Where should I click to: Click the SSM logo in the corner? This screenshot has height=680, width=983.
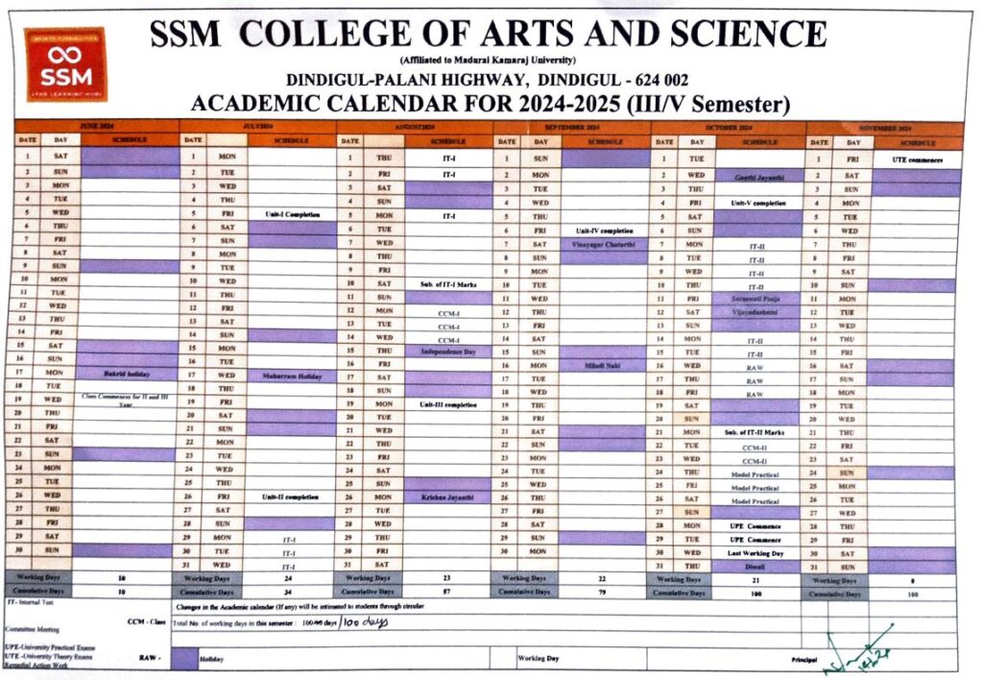[x=65, y=65]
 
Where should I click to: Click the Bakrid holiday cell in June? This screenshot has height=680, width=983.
[x=128, y=373]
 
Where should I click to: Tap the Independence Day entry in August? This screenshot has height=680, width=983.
[x=447, y=352]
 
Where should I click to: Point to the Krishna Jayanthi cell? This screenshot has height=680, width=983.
[x=447, y=498]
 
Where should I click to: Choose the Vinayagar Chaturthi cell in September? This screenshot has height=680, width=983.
[x=602, y=244]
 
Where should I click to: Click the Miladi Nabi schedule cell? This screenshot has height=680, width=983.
[x=602, y=366]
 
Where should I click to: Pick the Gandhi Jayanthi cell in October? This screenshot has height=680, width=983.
[x=758, y=178]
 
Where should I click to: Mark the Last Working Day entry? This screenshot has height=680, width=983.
[x=757, y=553]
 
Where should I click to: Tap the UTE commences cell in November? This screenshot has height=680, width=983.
[x=917, y=159]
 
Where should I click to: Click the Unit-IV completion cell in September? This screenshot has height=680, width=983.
[x=602, y=231]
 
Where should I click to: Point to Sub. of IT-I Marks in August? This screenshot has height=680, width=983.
[x=447, y=285]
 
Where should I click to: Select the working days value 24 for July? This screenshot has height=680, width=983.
[x=289, y=579]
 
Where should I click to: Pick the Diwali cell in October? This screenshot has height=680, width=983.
[x=757, y=567]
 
